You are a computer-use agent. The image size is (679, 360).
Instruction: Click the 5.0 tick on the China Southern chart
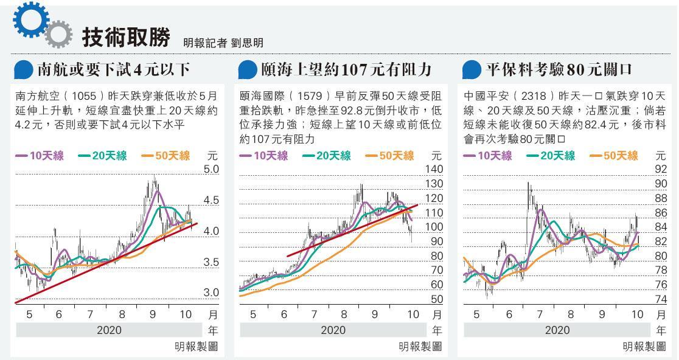pos(211,169)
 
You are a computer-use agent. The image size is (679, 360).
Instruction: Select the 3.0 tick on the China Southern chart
pos(211,292)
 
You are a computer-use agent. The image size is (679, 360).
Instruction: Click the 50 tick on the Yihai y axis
pos(436,299)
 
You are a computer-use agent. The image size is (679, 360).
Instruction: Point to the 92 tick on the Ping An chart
pos(661,169)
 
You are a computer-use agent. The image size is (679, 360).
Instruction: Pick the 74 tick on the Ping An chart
pos(661,299)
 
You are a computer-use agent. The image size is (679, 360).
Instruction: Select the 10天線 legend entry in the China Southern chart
pos(36,156)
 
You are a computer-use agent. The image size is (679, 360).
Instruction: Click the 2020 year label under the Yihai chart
pos(333,330)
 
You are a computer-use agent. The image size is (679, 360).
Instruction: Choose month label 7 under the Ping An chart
pos(540,314)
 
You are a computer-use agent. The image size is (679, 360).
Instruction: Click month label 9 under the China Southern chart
pos(153,314)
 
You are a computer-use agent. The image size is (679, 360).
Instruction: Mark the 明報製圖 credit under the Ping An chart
pos(644,346)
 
